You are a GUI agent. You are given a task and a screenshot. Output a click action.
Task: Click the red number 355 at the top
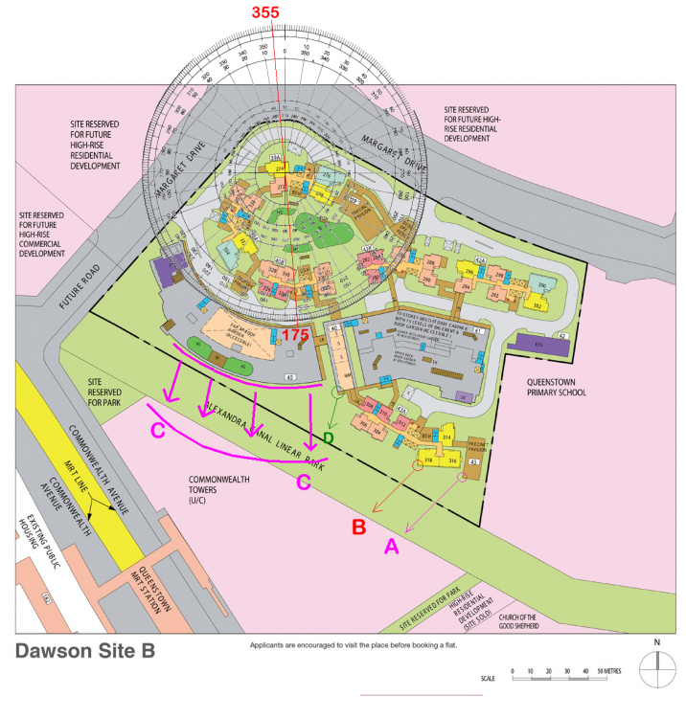[271, 12]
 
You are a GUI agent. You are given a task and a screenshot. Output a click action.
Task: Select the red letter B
[358, 526]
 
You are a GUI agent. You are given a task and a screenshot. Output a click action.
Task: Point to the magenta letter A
[391, 546]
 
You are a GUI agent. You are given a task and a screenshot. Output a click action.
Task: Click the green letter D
[328, 439]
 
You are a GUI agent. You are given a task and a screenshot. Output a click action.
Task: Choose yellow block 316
[452, 460]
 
